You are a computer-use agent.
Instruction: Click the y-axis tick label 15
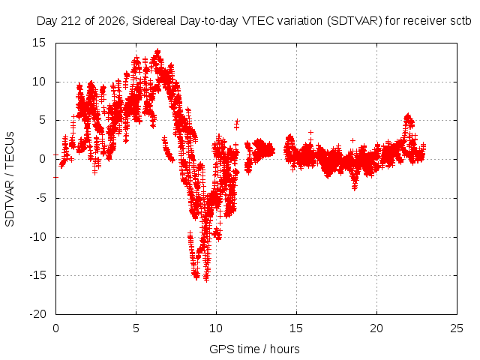[x=38, y=43]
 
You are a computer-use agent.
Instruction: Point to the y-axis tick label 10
[x=38, y=82]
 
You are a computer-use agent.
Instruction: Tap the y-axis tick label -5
[x=40, y=198]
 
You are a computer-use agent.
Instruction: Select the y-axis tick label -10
[x=37, y=237]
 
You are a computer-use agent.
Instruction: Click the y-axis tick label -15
[x=37, y=275]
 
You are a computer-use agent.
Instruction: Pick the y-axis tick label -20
[x=37, y=314]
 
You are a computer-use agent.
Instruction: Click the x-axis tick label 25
[x=457, y=328]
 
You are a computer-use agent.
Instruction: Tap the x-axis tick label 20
[x=376, y=328]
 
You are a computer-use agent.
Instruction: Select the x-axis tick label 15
[x=296, y=328]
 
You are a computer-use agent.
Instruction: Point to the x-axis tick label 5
[x=136, y=328]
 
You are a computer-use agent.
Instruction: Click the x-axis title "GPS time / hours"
[x=254, y=349]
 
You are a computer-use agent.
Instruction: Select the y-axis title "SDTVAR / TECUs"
[x=10, y=179]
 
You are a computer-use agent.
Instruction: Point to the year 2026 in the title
[x=112, y=21]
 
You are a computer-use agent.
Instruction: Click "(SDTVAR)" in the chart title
[x=355, y=21]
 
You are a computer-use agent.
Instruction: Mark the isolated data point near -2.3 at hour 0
[x=55, y=177]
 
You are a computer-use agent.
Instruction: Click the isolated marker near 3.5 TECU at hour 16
[x=310, y=132]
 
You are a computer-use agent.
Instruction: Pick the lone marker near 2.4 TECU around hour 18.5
[x=352, y=140]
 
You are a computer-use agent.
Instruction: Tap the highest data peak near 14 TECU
[x=157, y=50]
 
